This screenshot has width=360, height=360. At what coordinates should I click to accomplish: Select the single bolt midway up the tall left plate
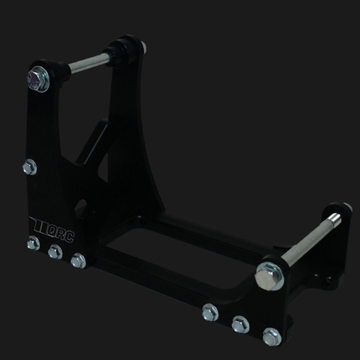[x=29, y=167]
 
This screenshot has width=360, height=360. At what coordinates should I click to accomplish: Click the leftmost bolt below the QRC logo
[x=33, y=243]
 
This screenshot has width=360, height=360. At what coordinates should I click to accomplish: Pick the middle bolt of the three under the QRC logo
[x=55, y=252]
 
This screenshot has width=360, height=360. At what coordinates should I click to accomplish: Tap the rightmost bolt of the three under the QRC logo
[x=77, y=261]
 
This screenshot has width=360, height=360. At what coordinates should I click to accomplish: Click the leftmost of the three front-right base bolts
[x=210, y=312]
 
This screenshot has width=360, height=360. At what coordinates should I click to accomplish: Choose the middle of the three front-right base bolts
[x=240, y=324]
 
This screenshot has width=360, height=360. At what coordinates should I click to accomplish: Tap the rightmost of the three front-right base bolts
[x=271, y=336]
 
